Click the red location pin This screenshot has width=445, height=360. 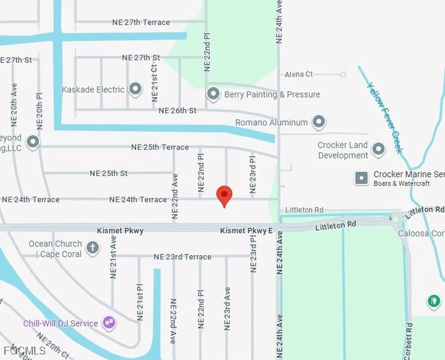(224, 195)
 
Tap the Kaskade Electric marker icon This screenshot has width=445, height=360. (136, 90)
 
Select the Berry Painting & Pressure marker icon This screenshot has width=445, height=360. (213, 94)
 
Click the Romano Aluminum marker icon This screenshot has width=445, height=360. (319, 122)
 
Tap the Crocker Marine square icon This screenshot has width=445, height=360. (362, 178)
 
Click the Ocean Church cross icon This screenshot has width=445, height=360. (92, 248)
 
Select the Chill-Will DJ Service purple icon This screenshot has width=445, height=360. (108, 323)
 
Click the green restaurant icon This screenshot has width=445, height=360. (433, 300)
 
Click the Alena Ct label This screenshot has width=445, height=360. (299, 74)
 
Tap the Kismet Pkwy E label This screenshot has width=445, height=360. (246, 230)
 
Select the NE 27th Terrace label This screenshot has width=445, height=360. (141, 22)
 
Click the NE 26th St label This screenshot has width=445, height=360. (177, 111)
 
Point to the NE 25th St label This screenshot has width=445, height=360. (109, 173)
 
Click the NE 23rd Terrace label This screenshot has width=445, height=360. (183, 257)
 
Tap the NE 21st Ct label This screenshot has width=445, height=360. (154, 82)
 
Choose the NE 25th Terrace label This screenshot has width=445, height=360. (160, 147)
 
